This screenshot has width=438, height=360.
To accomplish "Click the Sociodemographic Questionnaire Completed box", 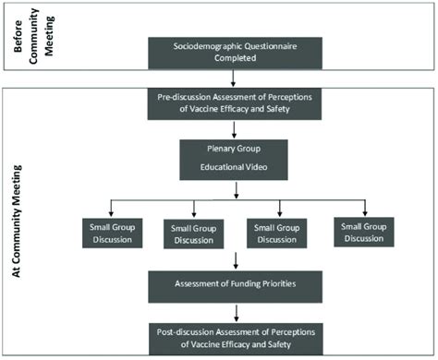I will tap(239, 54).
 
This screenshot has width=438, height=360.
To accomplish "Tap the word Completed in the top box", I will tap(239, 61).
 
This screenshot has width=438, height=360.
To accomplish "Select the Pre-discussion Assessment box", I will tap(239, 104).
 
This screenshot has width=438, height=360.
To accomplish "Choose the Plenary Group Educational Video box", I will tap(239, 157).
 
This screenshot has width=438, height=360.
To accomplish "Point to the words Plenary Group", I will tap(239, 147).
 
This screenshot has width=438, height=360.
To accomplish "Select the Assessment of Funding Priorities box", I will tap(239, 284).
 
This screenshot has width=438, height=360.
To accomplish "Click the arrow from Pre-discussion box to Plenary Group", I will tap(239, 127).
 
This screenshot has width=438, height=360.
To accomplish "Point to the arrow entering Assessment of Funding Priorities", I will tap(239, 258).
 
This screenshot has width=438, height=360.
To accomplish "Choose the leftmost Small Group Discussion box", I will tap(106, 233).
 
